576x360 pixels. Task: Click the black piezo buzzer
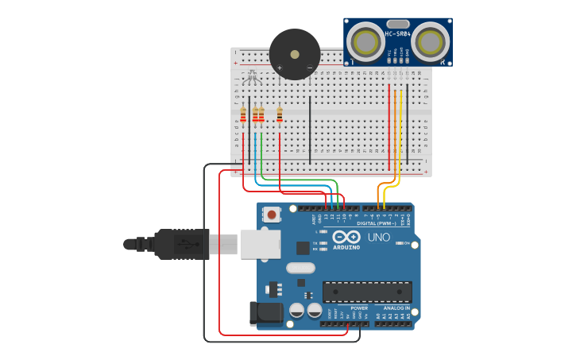point(295,54)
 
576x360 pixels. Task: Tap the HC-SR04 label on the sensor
point(397,33)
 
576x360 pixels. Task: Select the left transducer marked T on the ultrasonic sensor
point(367,41)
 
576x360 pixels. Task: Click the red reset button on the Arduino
point(273,214)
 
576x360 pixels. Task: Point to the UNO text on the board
point(378,237)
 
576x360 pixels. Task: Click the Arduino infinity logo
point(346,237)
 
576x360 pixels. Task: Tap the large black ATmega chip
point(366,292)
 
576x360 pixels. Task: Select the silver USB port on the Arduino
point(260,244)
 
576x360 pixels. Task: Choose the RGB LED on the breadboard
point(253,77)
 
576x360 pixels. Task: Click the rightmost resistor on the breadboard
point(280,116)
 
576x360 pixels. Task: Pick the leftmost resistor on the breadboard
point(243,116)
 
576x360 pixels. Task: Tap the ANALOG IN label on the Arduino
point(396,308)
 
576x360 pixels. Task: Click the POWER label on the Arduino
point(359,308)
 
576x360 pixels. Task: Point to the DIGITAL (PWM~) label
point(377,223)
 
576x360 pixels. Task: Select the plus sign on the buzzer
point(280,68)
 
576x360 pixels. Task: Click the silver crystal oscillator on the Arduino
point(301,268)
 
